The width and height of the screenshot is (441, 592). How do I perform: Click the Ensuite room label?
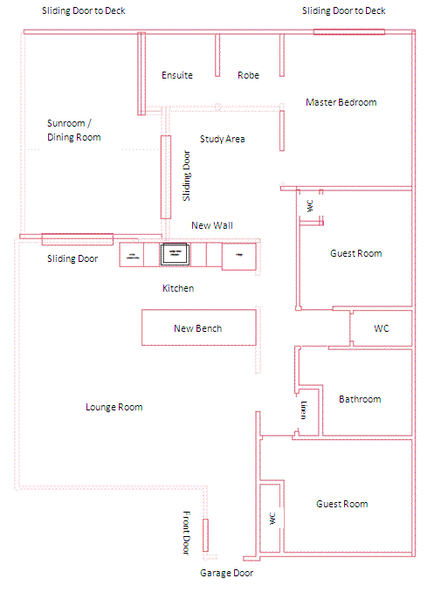(177, 75)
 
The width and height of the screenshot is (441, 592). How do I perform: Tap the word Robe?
(248, 75)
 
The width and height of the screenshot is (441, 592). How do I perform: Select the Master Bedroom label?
(341, 102)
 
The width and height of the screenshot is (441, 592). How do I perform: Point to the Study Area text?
(223, 139)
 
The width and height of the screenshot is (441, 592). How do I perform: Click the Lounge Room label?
(114, 407)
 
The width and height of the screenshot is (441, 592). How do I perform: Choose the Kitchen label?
(178, 288)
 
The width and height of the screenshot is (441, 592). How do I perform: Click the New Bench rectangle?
(199, 327)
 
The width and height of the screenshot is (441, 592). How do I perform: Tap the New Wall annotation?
(212, 225)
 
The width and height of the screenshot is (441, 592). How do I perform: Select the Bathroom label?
(360, 399)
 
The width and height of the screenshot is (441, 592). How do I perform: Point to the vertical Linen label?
(304, 410)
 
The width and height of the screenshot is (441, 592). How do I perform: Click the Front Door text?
(186, 533)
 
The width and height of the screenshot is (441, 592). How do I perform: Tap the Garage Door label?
(226, 573)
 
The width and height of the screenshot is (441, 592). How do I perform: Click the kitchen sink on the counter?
(175, 254)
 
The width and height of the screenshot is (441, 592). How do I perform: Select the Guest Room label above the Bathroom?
(356, 253)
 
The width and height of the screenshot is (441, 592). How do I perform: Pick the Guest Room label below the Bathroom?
(342, 504)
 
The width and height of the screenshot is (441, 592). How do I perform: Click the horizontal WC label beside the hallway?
(382, 328)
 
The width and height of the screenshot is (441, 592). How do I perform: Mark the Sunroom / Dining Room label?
(74, 130)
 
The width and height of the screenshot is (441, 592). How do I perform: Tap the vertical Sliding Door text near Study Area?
(187, 176)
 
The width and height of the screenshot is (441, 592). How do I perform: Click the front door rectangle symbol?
(205, 535)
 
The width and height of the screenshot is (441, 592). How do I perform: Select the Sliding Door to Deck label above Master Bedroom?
(343, 11)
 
